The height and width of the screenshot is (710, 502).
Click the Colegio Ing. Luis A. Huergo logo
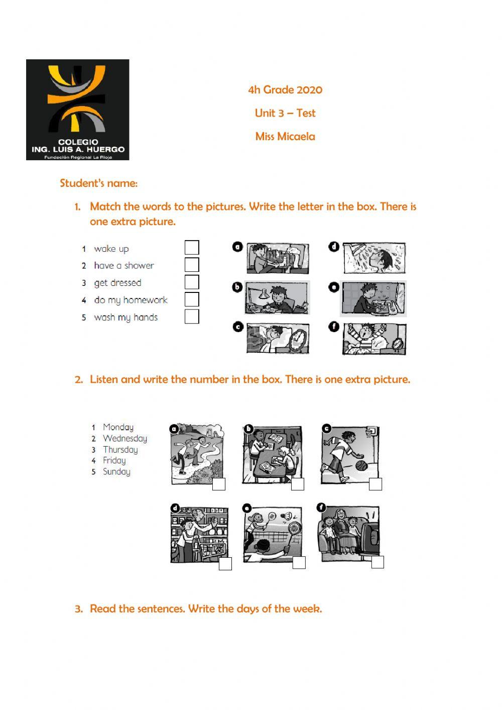[x=77, y=110]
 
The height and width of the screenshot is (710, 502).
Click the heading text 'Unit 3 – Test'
[x=285, y=113]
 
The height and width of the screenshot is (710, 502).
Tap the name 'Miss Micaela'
[x=285, y=136]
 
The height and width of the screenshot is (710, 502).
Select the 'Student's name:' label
[x=98, y=183]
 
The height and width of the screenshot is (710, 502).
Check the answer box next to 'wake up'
[x=192, y=248]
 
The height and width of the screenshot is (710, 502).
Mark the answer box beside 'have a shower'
[x=192, y=265]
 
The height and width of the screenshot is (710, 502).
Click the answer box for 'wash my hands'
[x=192, y=317]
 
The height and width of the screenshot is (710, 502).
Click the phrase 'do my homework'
[x=131, y=300]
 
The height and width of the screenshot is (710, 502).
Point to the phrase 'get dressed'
[x=117, y=283]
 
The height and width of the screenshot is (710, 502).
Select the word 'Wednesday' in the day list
[x=124, y=438]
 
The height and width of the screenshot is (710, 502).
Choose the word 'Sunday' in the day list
[x=116, y=471]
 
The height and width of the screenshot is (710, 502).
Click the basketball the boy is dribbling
[x=361, y=466]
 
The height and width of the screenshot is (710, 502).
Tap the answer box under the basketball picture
[x=375, y=484]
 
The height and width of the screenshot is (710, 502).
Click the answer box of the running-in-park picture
[x=219, y=484]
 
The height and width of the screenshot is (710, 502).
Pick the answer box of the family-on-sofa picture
[x=378, y=562]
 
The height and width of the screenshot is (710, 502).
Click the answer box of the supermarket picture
[x=225, y=564]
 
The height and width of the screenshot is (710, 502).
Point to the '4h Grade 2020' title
[x=285, y=90]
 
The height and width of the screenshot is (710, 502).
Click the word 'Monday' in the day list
[x=118, y=427]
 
